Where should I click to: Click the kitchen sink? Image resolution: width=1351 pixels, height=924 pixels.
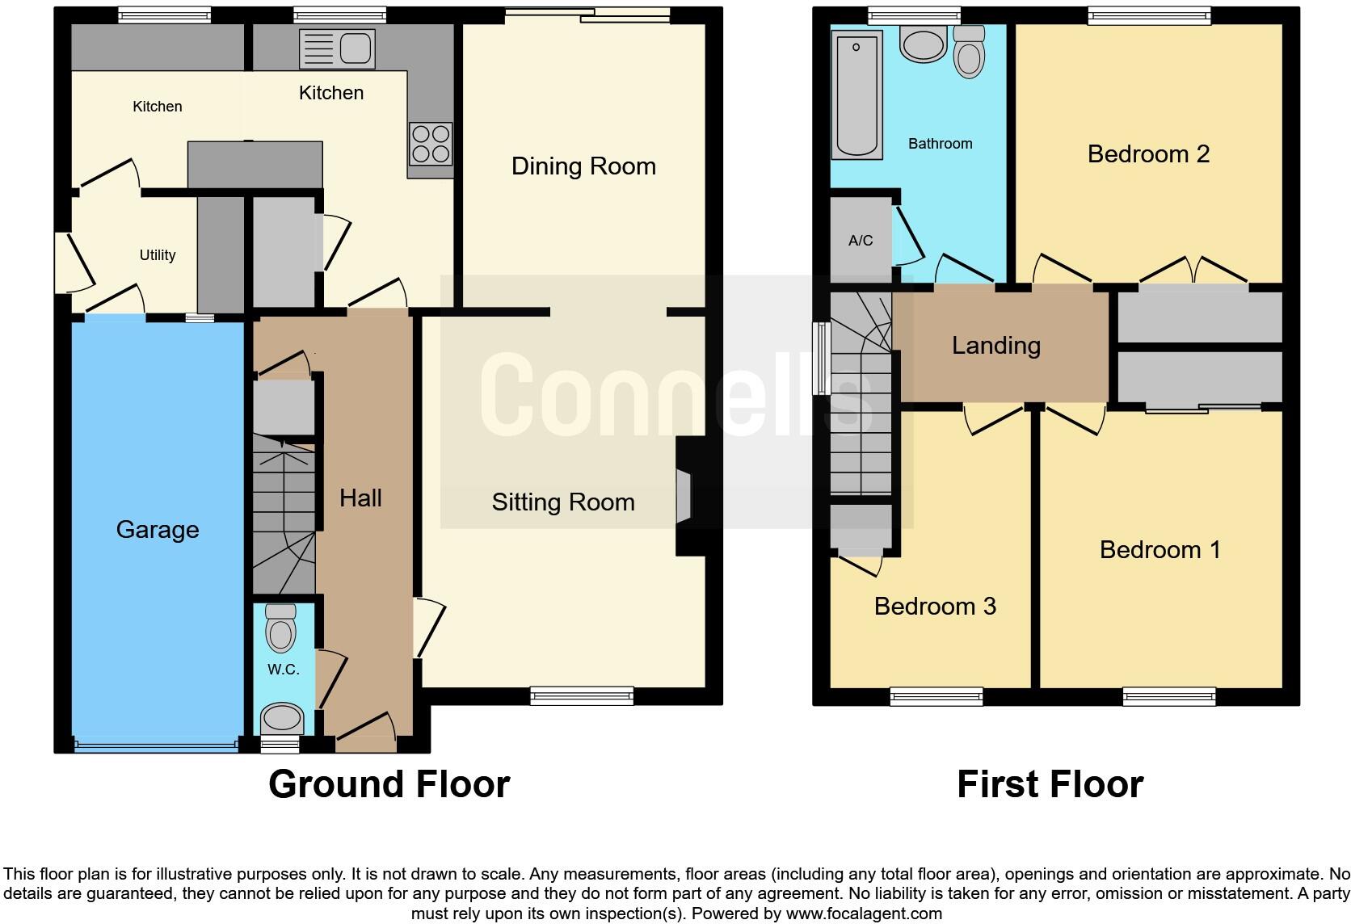337,48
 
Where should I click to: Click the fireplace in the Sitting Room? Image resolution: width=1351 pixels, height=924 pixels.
684,497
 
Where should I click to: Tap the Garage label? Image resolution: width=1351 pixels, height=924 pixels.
158,530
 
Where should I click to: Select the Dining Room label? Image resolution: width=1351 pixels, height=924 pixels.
583,166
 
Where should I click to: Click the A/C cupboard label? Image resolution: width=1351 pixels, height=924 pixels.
861,241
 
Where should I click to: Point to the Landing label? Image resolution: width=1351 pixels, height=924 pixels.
995,346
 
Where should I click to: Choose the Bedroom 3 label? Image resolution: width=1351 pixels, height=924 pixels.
935,607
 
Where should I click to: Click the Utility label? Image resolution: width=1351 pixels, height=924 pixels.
158,255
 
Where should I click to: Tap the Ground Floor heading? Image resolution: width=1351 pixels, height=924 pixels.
389,784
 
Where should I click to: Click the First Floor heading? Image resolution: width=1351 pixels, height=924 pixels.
1050,784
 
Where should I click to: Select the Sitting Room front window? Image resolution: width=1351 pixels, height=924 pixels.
582,695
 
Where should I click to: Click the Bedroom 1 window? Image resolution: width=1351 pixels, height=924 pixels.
1168,695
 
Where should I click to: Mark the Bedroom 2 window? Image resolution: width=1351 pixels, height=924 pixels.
1149,15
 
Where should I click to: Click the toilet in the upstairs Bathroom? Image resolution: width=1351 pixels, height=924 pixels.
968,52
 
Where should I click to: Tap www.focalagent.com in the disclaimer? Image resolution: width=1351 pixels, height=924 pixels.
864,914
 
